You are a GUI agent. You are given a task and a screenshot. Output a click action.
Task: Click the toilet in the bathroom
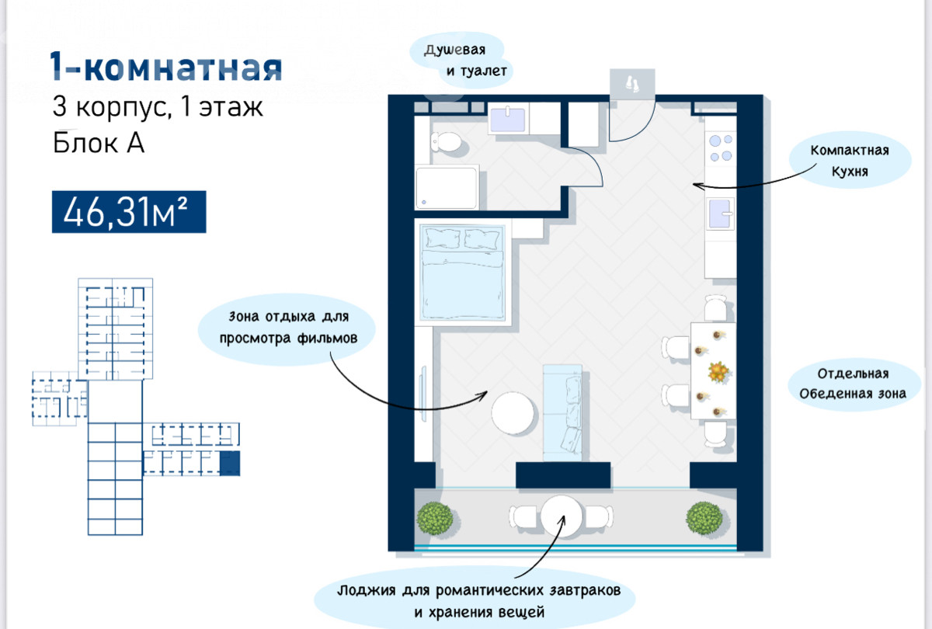point(446,142)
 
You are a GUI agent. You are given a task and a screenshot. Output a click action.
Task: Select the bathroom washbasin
point(508,119)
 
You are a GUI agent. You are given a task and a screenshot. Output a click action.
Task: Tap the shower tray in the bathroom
point(447,188)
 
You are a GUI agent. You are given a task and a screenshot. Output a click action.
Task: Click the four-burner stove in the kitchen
point(721,148)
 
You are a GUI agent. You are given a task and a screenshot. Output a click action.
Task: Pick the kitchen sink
point(720,214)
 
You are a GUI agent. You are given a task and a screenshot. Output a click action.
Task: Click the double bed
point(462,273)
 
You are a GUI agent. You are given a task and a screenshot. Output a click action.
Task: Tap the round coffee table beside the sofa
point(512,413)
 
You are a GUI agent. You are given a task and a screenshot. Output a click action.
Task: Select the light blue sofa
point(562,412)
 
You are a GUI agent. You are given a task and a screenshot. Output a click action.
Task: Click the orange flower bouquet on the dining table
point(718,371)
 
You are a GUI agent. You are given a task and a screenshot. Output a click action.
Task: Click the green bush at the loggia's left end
point(435,518)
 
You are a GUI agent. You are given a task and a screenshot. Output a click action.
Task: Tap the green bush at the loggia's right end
point(704,518)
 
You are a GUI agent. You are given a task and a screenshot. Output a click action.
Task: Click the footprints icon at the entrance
point(632,84)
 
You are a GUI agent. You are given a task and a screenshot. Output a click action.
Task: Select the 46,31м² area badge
point(129,212)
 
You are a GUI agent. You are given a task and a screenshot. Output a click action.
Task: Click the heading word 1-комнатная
point(166,67)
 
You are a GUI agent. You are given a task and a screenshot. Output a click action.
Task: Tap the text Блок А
point(99,143)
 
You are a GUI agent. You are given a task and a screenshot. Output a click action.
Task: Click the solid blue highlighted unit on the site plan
point(230,463)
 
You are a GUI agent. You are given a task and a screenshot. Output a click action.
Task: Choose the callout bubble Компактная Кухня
point(849,160)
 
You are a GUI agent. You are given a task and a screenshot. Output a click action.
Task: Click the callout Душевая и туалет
point(462,61)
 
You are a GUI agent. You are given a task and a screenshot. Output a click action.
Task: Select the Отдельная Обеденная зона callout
point(853,384)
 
